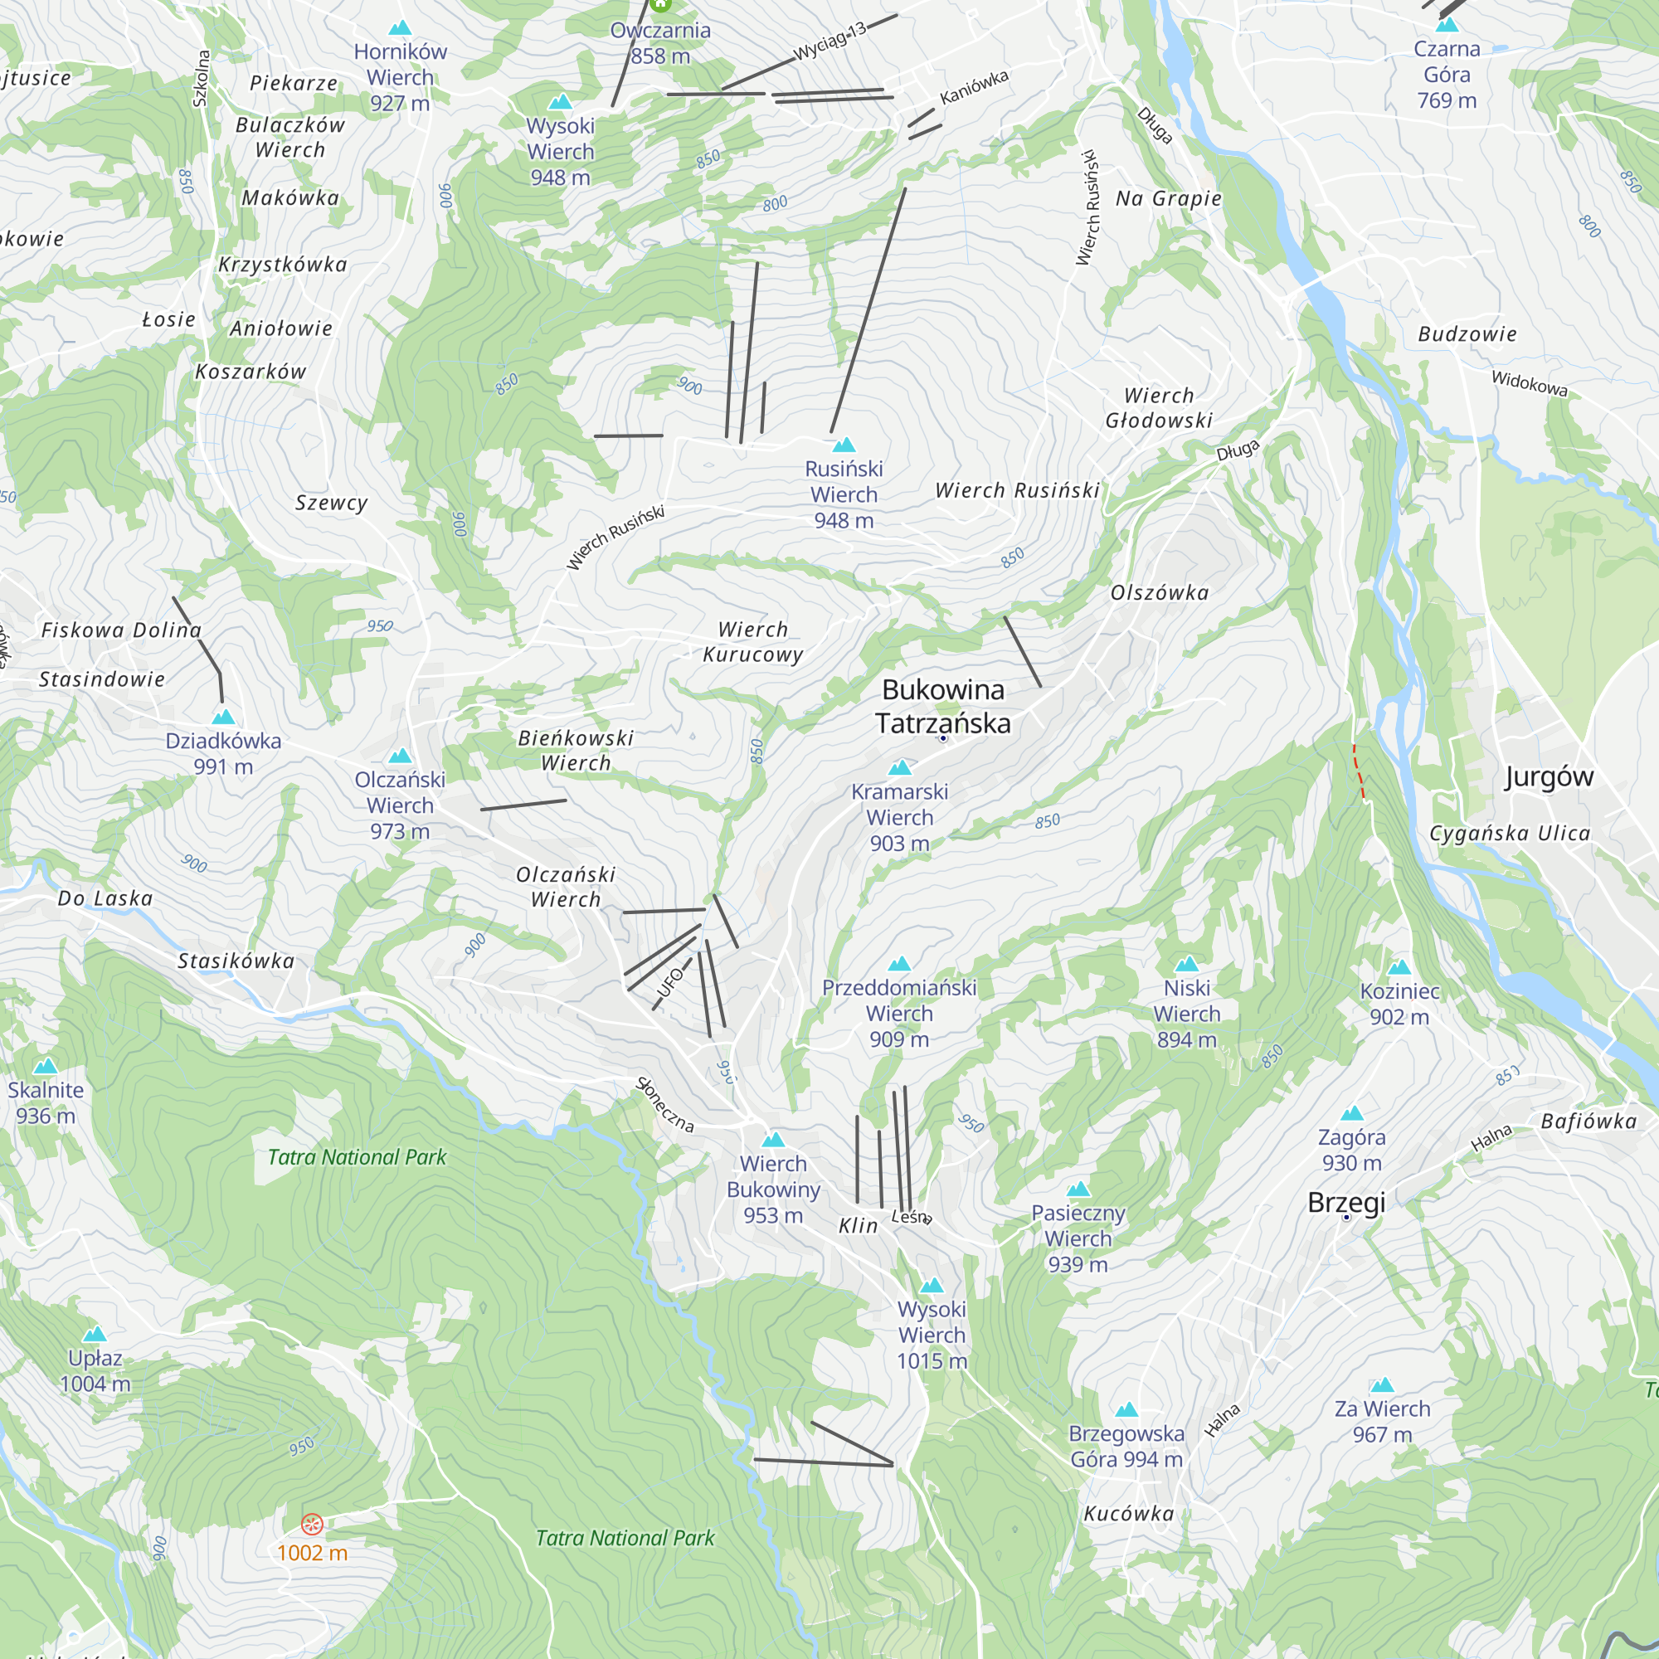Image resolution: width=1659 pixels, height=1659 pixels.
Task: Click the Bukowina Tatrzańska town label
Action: (x=943, y=707)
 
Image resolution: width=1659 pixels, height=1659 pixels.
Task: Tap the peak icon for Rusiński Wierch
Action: (x=844, y=445)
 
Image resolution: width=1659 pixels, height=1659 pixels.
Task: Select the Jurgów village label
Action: (x=1548, y=776)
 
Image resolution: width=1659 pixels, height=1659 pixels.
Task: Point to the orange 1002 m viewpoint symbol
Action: (x=313, y=1524)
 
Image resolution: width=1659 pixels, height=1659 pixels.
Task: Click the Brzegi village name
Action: (x=1345, y=1202)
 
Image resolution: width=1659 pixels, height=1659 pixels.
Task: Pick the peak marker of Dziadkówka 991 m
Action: (x=223, y=716)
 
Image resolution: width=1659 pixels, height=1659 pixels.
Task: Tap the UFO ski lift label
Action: (x=670, y=983)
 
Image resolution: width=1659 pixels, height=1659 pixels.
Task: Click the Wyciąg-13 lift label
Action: (x=829, y=41)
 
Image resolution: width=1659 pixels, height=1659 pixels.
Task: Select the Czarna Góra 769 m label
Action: (x=1447, y=75)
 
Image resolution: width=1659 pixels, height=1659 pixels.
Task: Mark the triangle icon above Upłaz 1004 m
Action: (x=95, y=1334)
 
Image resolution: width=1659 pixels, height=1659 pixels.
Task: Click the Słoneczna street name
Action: (x=664, y=1105)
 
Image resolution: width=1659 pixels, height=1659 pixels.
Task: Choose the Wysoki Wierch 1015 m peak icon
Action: (x=932, y=1286)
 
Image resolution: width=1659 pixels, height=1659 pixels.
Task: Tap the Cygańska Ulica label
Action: (x=1509, y=833)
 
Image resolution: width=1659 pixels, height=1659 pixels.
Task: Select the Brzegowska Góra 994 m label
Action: (x=1126, y=1446)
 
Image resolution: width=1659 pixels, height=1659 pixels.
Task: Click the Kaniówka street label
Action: (x=974, y=88)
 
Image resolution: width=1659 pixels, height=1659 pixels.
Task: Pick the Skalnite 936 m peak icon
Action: (x=46, y=1067)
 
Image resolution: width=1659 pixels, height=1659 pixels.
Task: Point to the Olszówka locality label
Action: (x=1160, y=592)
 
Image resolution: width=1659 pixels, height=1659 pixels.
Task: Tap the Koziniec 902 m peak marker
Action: (x=1399, y=967)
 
